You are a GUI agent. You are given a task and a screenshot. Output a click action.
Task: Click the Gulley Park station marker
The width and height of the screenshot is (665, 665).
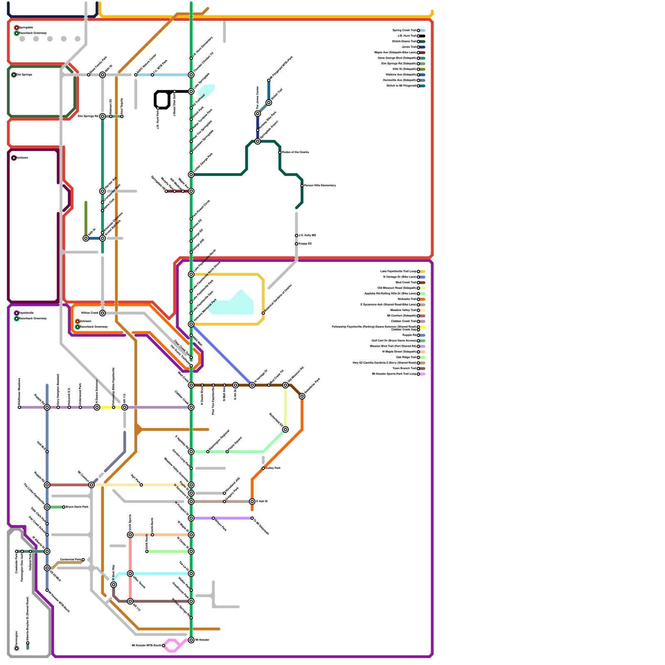(263, 468)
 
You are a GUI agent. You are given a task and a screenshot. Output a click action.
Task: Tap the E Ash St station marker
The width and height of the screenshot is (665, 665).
(252, 502)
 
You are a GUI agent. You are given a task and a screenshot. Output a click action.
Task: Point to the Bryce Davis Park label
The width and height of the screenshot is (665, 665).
(77, 507)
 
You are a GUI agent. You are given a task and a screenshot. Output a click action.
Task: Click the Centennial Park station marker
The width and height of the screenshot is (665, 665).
(83, 560)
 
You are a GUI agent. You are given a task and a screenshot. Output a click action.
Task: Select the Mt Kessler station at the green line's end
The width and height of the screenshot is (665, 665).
(191, 640)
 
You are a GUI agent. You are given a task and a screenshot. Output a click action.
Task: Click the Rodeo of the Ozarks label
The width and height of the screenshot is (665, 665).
(296, 153)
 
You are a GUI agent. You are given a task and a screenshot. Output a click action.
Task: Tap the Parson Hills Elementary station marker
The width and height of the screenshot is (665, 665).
(302, 186)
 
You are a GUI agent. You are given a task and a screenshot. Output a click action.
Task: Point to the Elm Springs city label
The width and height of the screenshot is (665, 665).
(24, 75)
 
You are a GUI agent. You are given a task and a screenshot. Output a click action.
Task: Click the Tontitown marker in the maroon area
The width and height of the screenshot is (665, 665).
(14, 158)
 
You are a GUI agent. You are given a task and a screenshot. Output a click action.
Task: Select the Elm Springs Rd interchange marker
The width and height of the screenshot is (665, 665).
(103, 116)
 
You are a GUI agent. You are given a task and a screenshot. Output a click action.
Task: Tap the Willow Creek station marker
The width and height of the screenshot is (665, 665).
(103, 313)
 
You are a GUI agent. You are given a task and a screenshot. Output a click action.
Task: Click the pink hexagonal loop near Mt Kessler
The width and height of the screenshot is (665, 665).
(172, 645)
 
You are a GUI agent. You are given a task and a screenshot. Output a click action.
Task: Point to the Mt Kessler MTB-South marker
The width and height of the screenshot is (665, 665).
(163, 645)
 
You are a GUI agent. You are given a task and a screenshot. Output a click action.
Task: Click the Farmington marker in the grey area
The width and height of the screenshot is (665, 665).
(17, 648)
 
